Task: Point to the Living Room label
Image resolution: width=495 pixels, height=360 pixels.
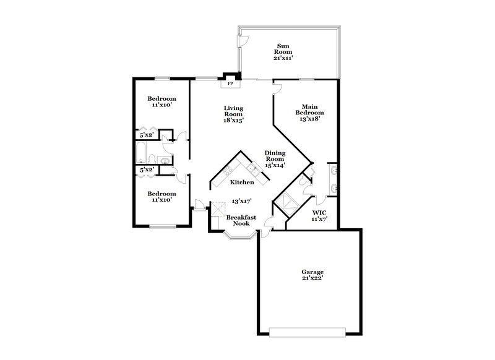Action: click(234, 114)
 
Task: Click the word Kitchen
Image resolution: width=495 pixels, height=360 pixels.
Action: click(242, 182)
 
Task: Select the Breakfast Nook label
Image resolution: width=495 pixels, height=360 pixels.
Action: click(238, 221)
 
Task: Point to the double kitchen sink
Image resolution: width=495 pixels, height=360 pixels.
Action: click(253, 168)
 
